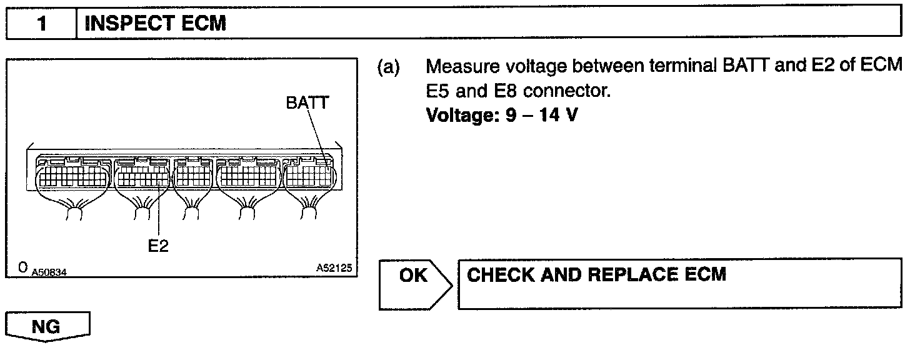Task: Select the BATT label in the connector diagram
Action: click(x=307, y=103)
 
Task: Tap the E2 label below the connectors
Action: click(x=158, y=246)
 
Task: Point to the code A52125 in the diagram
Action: click(x=334, y=268)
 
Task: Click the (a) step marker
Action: click(x=389, y=67)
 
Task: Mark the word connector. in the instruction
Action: click(x=566, y=92)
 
